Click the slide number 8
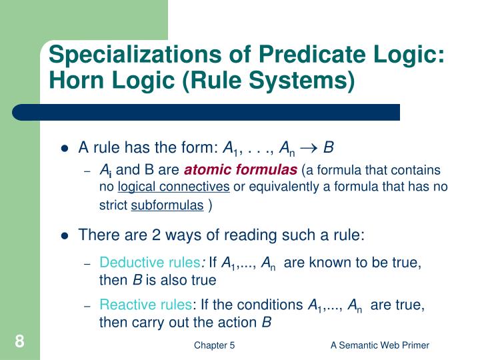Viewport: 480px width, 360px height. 20,343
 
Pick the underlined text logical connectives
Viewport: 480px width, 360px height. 173,187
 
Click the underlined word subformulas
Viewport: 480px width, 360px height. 167,205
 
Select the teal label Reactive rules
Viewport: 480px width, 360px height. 145,305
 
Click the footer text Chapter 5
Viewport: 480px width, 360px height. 214,345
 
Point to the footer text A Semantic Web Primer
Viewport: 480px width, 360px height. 380,345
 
